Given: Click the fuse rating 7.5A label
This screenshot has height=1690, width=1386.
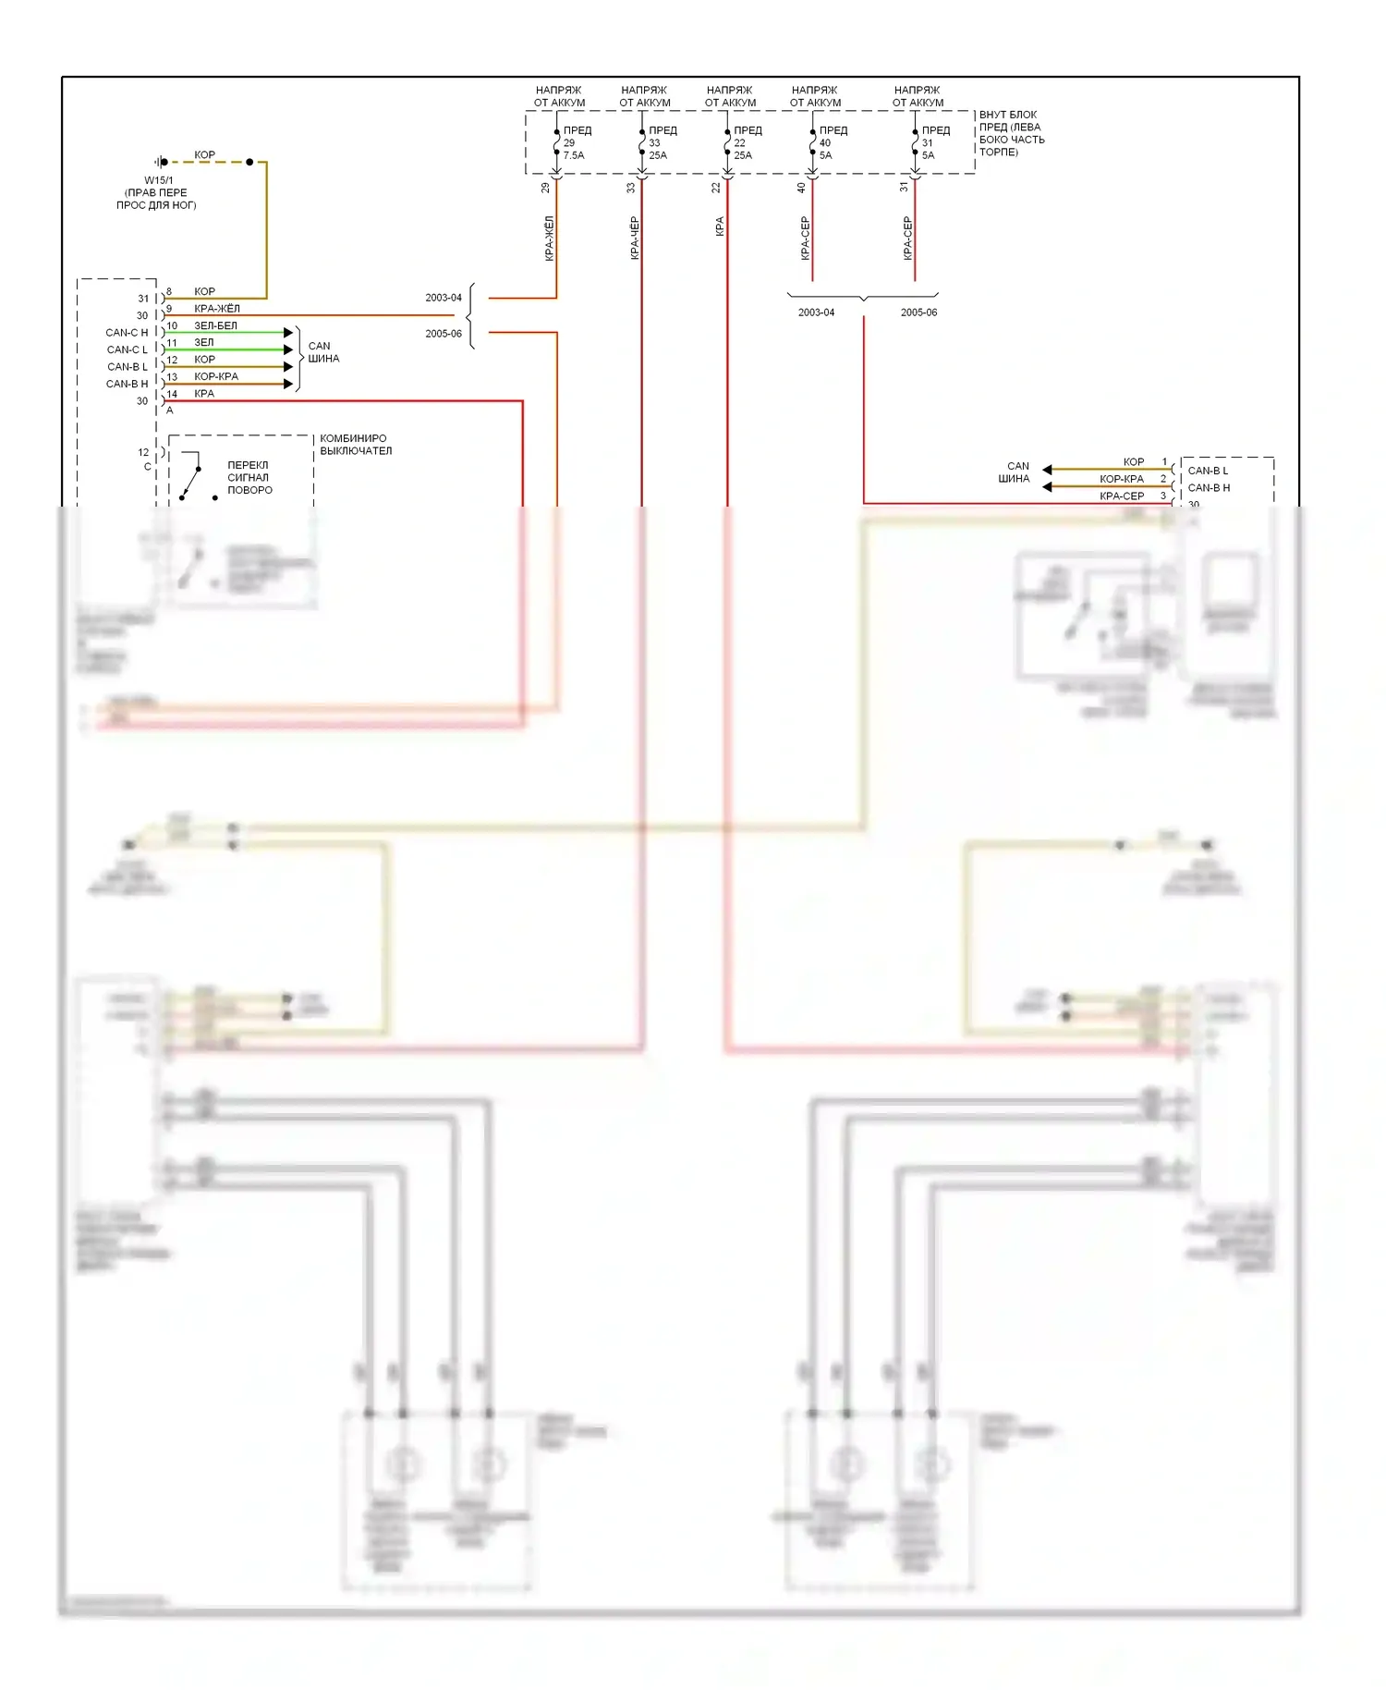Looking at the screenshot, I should [x=574, y=155].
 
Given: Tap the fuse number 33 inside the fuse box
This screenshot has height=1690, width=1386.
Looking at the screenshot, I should [x=654, y=142].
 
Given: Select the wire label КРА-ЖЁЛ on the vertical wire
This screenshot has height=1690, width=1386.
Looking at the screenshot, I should [x=549, y=238].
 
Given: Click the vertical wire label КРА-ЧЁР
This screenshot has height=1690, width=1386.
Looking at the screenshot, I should [x=634, y=238].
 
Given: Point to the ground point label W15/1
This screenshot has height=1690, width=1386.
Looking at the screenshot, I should [x=158, y=180].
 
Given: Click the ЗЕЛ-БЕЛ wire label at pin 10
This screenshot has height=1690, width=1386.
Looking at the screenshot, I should [x=215, y=325].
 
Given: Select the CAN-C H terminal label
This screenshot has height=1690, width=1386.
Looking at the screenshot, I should [x=127, y=333].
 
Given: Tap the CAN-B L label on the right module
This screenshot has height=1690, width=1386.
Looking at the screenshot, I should [x=1208, y=471].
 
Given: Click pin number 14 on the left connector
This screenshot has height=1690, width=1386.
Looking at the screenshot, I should [x=172, y=394].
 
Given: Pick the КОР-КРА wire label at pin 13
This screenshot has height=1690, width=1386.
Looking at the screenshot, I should [x=216, y=376].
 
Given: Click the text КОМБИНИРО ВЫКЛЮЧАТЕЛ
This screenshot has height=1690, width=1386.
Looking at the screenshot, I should [x=356, y=445].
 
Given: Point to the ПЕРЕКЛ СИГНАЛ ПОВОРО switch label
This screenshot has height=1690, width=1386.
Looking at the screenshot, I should [x=249, y=478].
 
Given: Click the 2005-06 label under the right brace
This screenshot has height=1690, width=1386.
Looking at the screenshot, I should [x=918, y=312].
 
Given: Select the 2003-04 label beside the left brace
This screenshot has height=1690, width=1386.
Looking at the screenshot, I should [x=444, y=298].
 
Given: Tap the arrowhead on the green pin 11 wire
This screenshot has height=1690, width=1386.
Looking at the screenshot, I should [x=288, y=349].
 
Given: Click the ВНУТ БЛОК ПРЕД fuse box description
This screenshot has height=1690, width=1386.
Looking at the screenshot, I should [x=1011, y=133].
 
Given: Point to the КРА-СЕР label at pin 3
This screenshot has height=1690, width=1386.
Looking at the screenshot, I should [x=1121, y=496].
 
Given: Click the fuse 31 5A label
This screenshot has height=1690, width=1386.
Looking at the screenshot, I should [x=928, y=149].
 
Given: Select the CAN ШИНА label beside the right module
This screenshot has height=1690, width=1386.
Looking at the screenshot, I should [x=1015, y=472].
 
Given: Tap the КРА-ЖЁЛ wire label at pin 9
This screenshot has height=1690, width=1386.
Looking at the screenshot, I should [x=217, y=309].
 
